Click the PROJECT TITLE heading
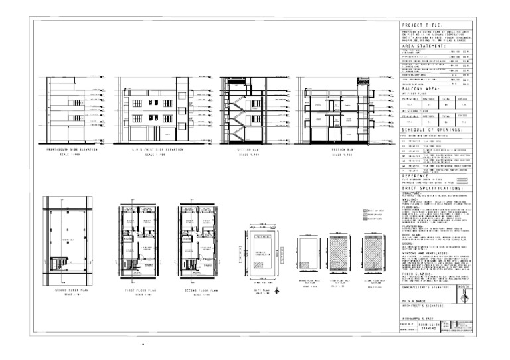(x=422, y=25)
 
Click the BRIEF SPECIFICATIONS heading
(x=431, y=189)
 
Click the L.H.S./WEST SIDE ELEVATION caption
(x=155, y=150)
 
